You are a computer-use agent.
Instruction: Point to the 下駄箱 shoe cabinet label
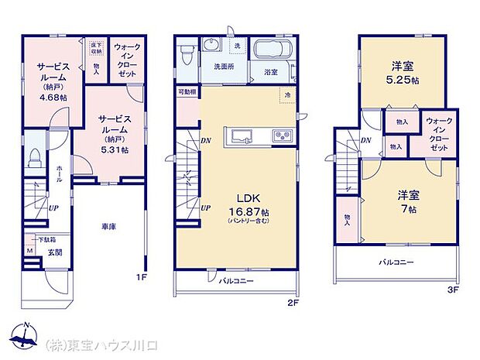(36, 239)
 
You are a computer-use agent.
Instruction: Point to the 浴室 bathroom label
(270, 72)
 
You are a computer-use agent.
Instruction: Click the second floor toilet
(185, 54)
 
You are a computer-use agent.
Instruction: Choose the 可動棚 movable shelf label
(186, 91)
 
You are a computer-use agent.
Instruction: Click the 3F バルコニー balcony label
(396, 262)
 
